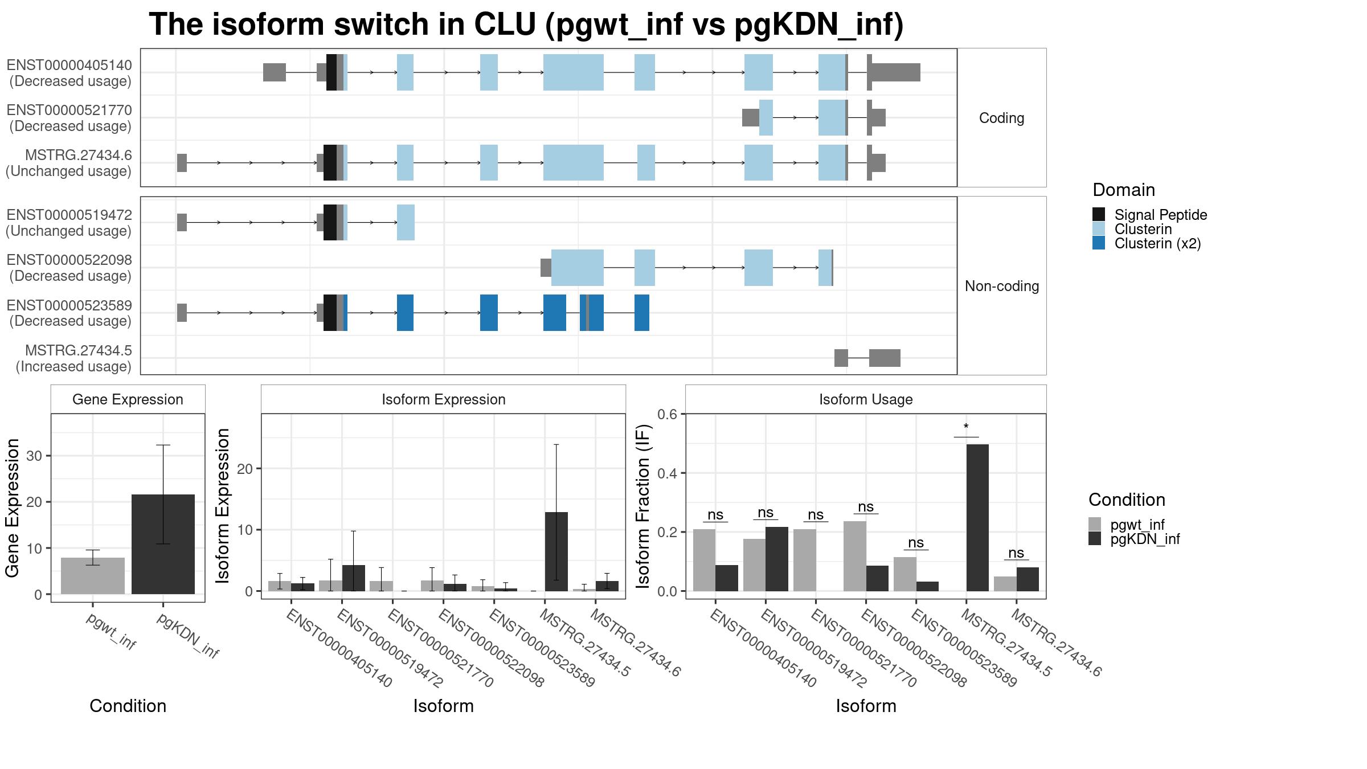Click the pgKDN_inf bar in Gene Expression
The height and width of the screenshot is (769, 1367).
tap(163, 544)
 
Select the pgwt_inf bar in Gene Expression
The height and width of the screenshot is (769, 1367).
tap(93, 576)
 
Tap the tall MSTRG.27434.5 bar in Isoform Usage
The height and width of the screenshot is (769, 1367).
tap(977, 517)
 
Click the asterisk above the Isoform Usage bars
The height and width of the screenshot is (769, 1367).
tap(966, 427)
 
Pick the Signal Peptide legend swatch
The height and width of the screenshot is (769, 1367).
tap(1099, 214)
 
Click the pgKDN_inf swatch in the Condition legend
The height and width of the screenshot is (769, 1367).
tap(1095, 539)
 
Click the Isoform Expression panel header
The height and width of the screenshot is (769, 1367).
tap(444, 399)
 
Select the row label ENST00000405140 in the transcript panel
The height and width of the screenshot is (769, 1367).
tap(69, 66)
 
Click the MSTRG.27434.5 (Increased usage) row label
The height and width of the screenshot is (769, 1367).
tap(73, 358)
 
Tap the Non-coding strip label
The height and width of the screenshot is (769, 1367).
tap(1002, 286)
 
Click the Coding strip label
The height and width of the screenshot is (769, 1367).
tap(1002, 118)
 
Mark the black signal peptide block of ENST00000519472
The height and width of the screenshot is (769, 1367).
tap(330, 222)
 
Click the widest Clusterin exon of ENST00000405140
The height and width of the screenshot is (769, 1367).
tap(574, 72)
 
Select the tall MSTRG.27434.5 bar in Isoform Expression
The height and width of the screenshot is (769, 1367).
tap(556, 551)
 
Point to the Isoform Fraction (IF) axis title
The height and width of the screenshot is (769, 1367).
tap(643, 506)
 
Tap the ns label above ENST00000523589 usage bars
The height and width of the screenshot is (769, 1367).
tap(916, 543)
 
